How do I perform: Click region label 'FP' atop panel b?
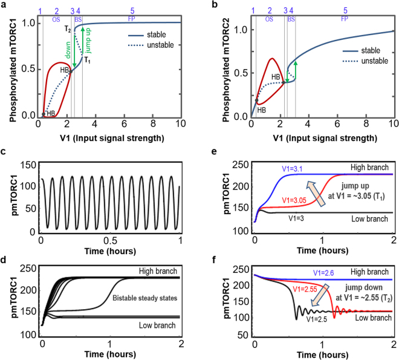pyautogui.click(x=345, y=19)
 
